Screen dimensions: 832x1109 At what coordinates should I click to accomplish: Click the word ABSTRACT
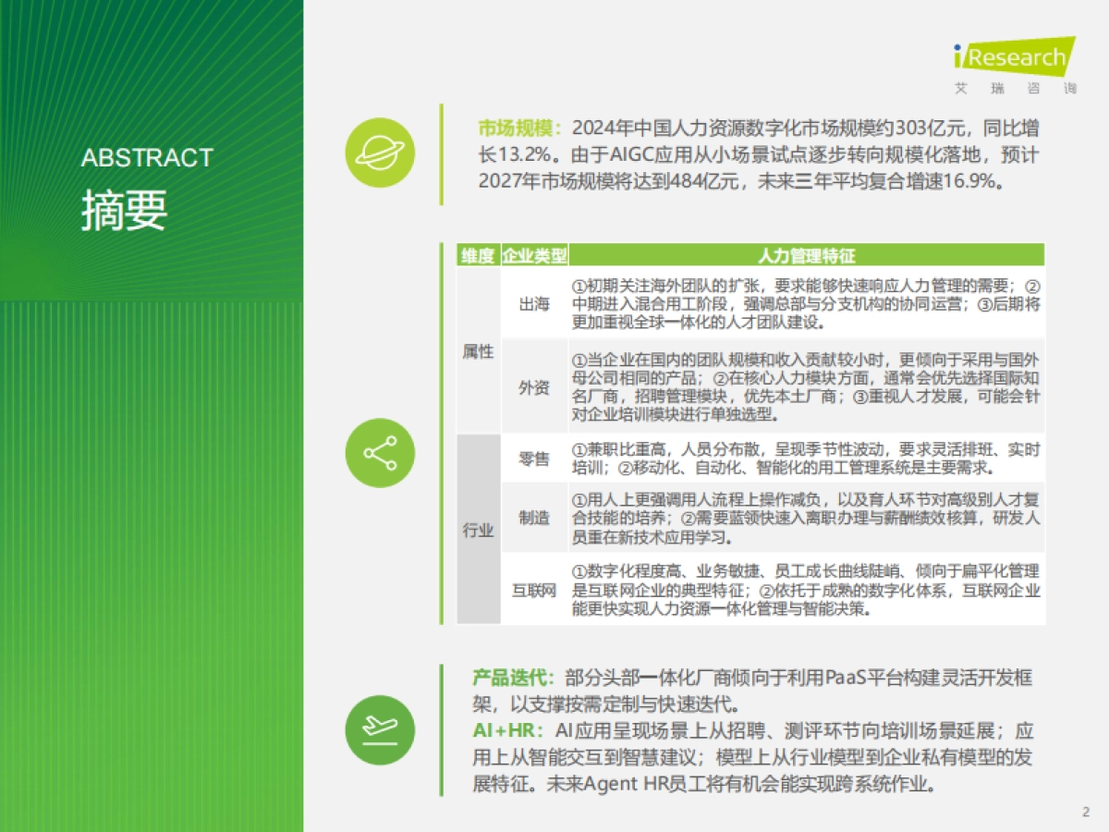click(147, 158)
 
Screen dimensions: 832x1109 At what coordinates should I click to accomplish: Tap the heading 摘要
click(124, 210)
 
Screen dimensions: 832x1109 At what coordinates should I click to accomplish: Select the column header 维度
click(478, 256)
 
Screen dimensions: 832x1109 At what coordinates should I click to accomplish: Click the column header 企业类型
click(534, 256)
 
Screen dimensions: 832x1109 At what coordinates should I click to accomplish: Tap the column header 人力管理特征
click(806, 256)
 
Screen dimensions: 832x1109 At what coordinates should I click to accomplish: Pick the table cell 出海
click(534, 304)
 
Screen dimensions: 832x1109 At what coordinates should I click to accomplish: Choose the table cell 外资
click(534, 386)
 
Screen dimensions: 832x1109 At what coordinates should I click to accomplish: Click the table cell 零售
click(534, 458)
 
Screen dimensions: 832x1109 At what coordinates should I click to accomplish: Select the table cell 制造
click(534, 518)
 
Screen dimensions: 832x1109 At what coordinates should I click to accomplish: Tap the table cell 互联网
click(534, 590)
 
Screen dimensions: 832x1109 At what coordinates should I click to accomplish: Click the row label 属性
click(478, 351)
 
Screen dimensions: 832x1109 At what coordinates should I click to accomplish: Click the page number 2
click(1086, 812)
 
